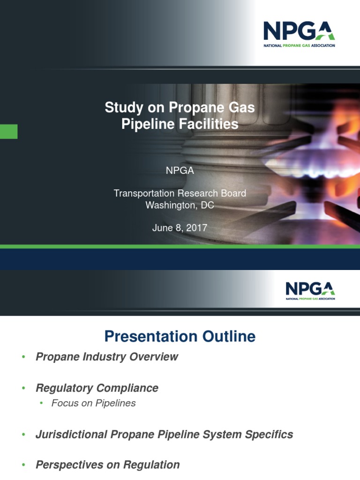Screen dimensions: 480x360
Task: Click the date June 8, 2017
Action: (x=180, y=228)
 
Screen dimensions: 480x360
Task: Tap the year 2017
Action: (x=196, y=228)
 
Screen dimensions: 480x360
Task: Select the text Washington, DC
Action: (x=180, y=205)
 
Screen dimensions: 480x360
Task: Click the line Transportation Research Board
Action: (x=180, y=193)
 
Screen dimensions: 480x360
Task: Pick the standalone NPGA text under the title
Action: (x=180, y=171)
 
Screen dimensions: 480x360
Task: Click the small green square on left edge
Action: (x=8, y=132)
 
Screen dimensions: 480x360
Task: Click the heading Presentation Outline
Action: (x=180, y=337)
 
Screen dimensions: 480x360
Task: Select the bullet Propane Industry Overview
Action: (x=107, y=357)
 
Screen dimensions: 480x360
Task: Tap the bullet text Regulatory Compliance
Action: (x=97, y=388)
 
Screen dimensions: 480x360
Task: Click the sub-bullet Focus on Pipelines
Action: (x=93, y=403)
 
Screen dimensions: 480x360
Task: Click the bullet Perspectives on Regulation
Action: (x=108, y=465)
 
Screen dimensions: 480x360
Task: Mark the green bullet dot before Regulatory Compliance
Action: (x=23, y=389)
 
